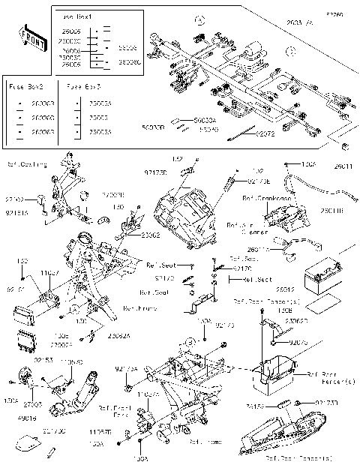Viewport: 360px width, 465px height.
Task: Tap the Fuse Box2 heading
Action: click(x=23, y=87)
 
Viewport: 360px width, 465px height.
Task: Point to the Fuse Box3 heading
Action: click(x=84, y=87)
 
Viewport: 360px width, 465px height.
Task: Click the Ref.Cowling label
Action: click(x=28, y=164)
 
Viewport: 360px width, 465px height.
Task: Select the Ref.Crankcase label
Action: click(x=262, y=199)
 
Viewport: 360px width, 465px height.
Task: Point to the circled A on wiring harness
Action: click(x=199, y=21)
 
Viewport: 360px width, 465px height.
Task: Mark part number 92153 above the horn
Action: click(x=43, y=360)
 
